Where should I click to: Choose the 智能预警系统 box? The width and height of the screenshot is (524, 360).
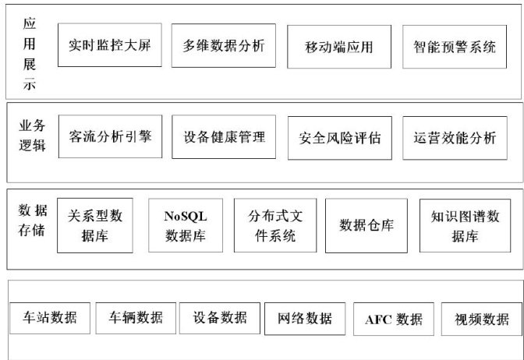coord(455,46)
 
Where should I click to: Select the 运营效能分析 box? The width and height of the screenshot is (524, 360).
coord(455,139)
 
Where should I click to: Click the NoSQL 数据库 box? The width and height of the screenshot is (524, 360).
coord(185,225)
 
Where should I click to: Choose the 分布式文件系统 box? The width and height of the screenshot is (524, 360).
coord(272,226)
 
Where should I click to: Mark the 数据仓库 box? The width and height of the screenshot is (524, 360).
coord(366,226)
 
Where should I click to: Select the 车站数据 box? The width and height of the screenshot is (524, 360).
coord(50,317)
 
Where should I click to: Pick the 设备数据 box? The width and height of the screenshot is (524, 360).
coord(220,317)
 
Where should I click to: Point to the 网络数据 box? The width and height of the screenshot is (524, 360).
coord(305,318)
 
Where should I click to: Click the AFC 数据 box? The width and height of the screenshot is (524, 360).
coord(394,319)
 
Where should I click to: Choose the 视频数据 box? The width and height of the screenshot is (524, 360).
coord(481,319)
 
